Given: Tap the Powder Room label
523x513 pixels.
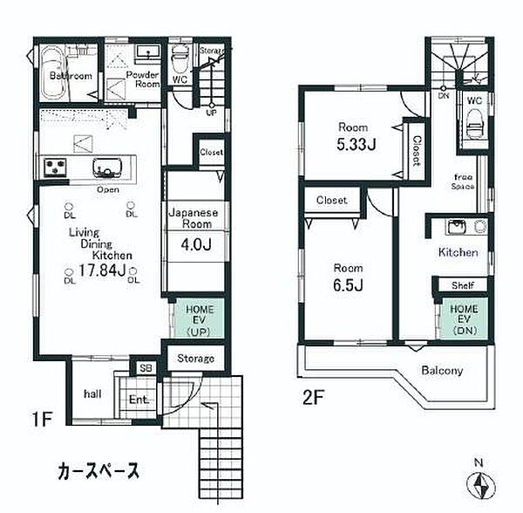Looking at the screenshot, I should [143, 80].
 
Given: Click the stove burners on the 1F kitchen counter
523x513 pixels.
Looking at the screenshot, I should [53, 166].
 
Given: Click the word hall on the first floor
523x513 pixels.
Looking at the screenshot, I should [92, 393].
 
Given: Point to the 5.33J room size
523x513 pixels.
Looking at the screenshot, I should [358, 143].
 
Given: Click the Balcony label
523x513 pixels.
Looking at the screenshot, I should [443, 370].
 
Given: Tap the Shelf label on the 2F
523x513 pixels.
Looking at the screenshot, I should [461, 285].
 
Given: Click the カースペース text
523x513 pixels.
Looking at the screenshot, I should [98, 471].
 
